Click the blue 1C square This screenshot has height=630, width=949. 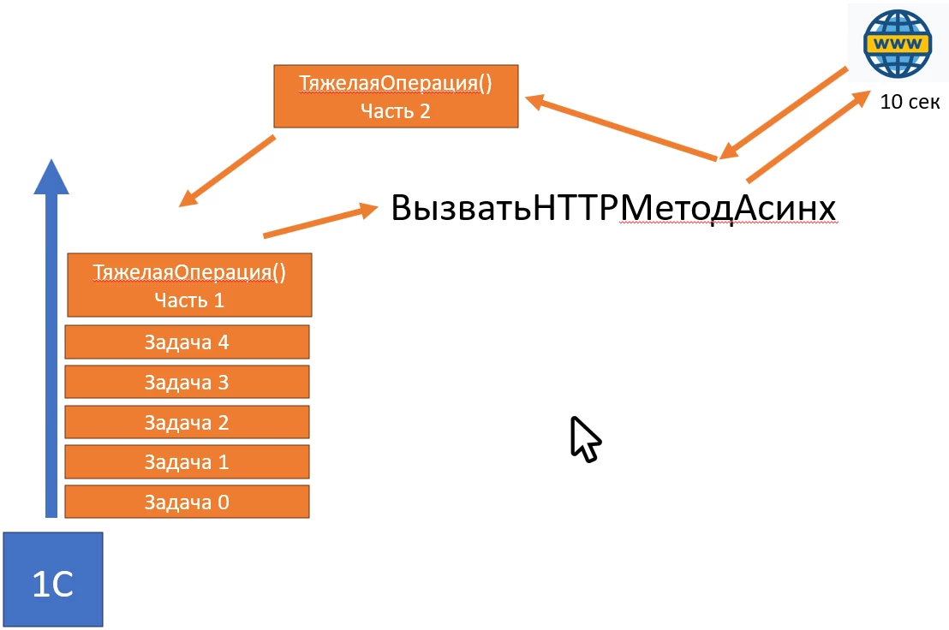click(x=53, y=579)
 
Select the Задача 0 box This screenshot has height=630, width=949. click(x=187, y=502)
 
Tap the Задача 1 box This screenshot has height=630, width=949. click(x=187, y=462)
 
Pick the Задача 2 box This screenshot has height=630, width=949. click(x=187, y=422)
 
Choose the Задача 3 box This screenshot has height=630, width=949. click(x=187, y=382)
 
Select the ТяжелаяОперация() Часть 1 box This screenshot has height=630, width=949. click(x=188, y=285)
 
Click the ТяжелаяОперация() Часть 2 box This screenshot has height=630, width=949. click(x=396, y=96)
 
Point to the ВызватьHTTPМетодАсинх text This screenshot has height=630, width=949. click(x=613, y=209)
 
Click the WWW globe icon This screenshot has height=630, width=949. click(x=897, y=44)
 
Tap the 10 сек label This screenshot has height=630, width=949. click(x=910, y=102)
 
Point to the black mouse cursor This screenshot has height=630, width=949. click(x=585, y=439)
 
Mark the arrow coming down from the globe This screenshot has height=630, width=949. click(x=784, y=111)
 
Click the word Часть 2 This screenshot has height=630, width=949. click(x=396, y=110)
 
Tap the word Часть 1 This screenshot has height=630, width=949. click(x=188, y=300)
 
